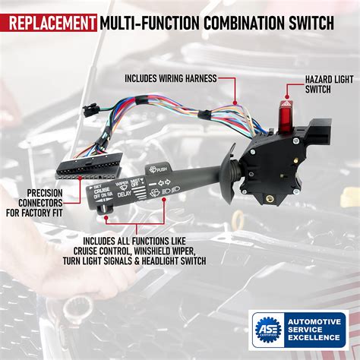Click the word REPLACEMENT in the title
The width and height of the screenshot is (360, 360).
[49, 23]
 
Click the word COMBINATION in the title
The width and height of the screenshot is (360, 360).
[233, 23]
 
